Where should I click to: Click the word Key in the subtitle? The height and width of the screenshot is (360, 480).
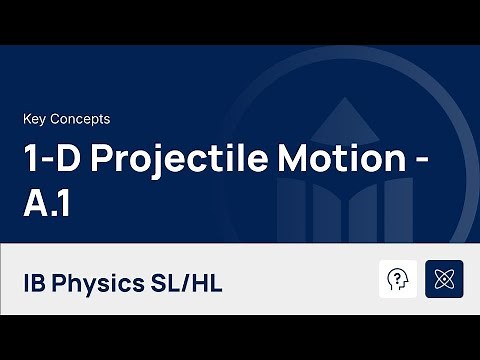(x=34, y=119)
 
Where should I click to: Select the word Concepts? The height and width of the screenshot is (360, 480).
(x=80, y=119)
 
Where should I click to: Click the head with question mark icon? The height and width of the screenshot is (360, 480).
(x=398, y=279)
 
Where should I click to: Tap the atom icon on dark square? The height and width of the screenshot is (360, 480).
(x=444, y=279)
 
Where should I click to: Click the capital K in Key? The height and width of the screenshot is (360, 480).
(x=26, y=119)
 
